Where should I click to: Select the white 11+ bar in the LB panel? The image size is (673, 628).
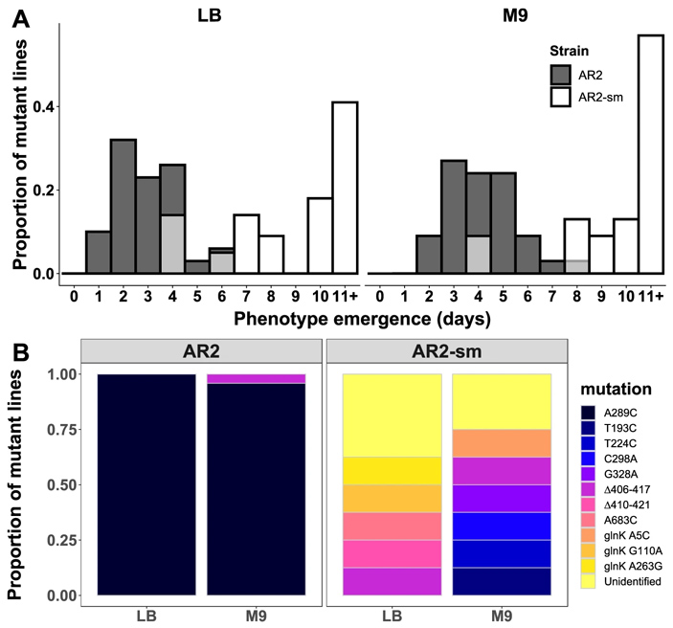345,188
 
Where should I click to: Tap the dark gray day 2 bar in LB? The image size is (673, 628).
123,207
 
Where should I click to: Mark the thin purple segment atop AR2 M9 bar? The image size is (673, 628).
257,379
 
